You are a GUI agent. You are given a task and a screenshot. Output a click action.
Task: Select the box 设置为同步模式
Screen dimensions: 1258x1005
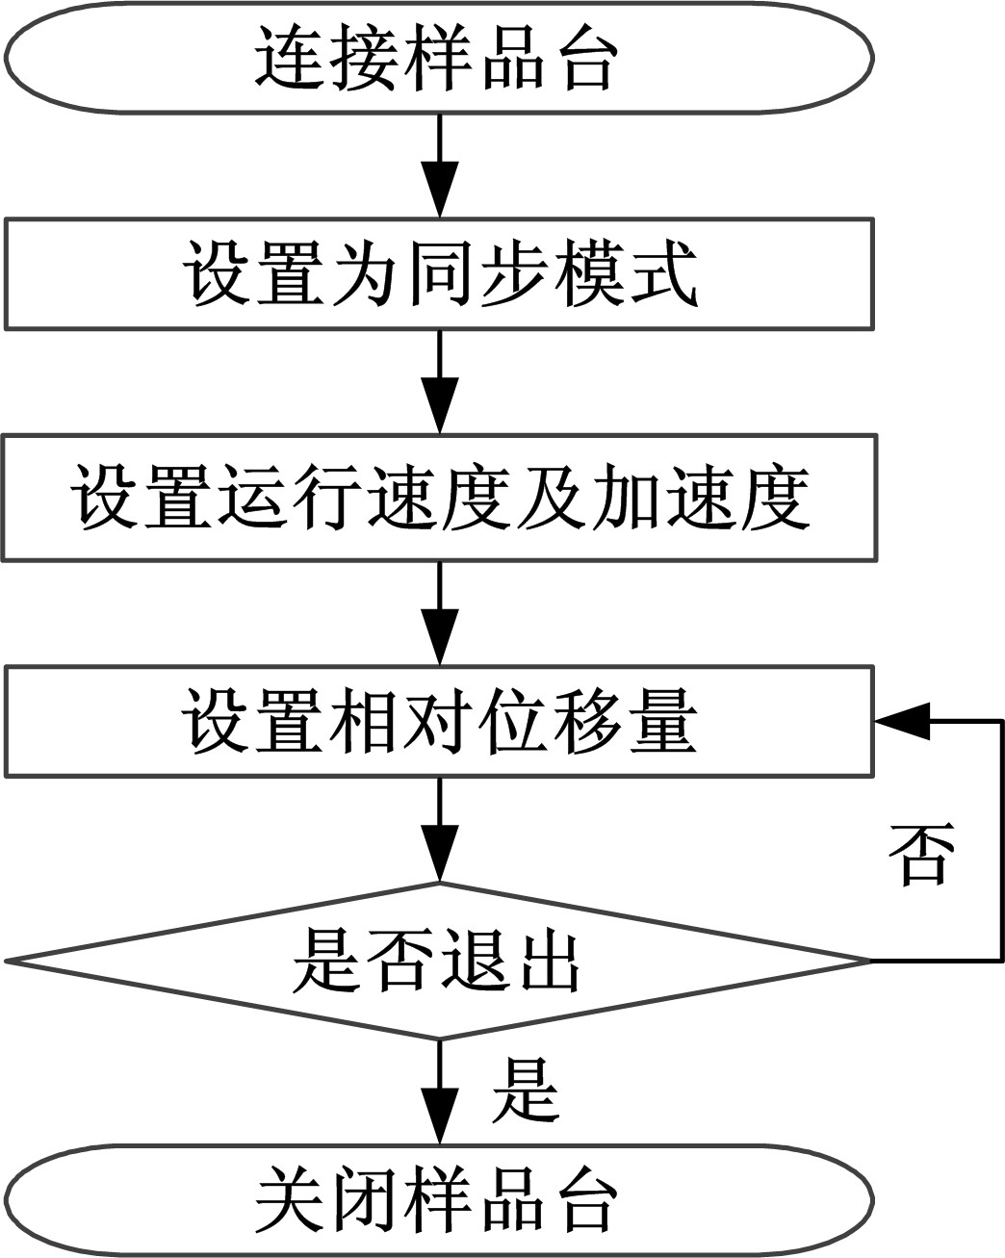[x=440, y=274]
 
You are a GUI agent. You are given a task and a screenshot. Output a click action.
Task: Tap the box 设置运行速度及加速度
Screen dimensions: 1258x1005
[x=440, y=497]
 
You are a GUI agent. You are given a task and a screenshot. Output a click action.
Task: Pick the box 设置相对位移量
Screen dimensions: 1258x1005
[x=440, y=720]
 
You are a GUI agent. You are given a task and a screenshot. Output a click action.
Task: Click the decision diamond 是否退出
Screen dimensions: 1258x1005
[x=438, y=961]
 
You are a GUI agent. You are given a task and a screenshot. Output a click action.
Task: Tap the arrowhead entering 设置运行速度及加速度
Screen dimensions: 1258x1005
[x=440, y=416]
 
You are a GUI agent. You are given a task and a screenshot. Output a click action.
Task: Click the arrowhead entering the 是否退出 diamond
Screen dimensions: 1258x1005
[x=440, y=861]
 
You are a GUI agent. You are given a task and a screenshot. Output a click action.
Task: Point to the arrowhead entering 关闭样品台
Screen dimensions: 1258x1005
[x=440, y=1120]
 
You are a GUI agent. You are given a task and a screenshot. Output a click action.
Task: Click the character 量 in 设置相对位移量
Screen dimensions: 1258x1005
[x=661, y=720]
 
